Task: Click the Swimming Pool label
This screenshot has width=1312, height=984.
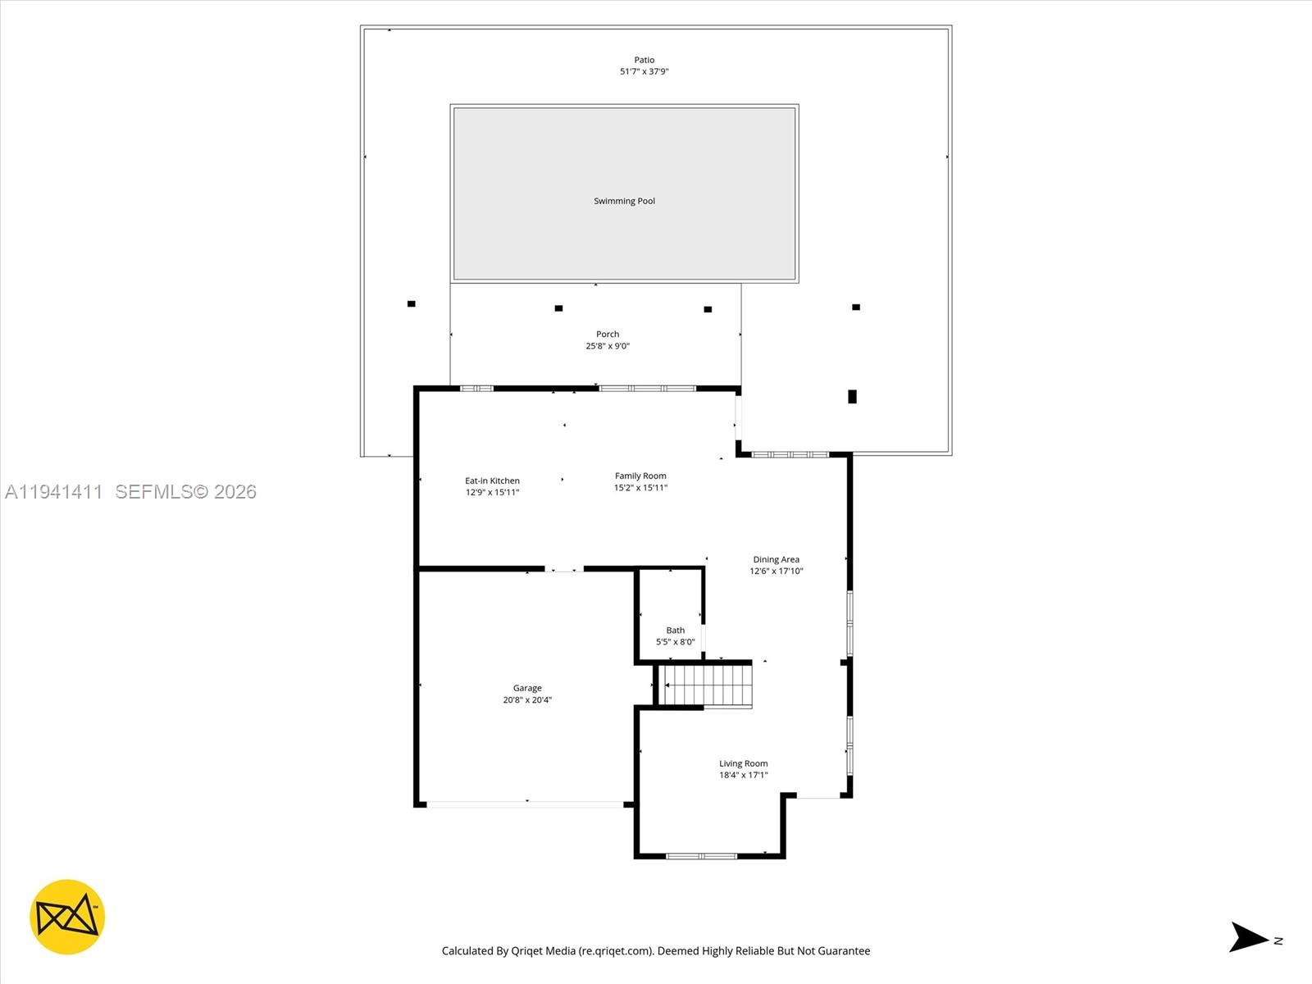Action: coord(624,201)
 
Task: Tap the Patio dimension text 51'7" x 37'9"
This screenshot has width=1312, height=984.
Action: coord(644,71)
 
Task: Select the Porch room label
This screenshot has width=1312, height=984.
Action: coord(608,334)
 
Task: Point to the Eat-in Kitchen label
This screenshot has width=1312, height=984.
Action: coord(492,481)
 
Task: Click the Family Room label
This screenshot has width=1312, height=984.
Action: coord(640,476)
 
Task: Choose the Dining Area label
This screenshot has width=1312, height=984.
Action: coord(776,559)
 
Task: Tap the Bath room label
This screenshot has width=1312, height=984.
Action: coord(675,631)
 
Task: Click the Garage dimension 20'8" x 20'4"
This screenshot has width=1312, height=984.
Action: coord(527,700)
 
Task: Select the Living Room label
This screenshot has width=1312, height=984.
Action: coord(743,763)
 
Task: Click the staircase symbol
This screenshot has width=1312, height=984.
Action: coord(707,686)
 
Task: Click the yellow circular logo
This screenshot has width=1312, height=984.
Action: coord(67,917)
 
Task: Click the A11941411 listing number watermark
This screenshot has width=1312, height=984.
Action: coord(54,491)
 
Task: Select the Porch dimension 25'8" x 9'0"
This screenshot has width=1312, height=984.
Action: coord(608,346)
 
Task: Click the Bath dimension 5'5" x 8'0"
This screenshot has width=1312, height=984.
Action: coord(675,642)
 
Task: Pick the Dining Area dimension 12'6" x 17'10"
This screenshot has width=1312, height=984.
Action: coord(776,572)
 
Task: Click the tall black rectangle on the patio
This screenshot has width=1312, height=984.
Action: coord(852,397)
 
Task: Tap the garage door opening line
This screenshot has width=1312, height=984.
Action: coord(525,804)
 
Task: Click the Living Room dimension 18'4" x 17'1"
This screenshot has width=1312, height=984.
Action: coord(743,775)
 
